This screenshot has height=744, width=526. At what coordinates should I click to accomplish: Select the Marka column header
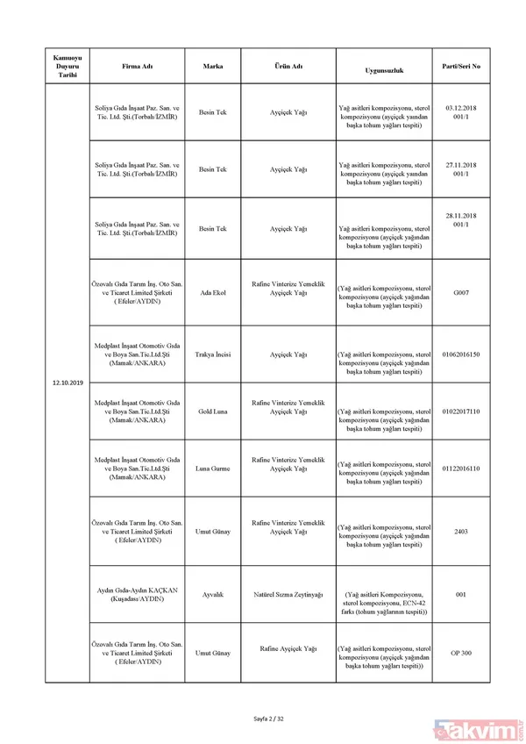coord(213,67)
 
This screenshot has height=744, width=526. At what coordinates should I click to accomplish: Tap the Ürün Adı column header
coord(288,67)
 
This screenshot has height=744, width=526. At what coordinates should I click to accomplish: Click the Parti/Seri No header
coord(462,67)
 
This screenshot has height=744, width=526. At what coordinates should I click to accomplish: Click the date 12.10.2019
coord(68,383)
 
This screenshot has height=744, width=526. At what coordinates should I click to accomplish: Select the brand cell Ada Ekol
coord(213,292)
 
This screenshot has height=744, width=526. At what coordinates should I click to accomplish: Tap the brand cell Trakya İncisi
coord(213,354)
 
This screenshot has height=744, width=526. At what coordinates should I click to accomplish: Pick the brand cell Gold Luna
coord(213,411)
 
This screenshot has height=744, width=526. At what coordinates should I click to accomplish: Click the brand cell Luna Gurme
coord(213,469)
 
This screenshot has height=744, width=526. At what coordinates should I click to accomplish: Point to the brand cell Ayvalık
coord(213,595)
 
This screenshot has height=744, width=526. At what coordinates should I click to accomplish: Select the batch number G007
coord(462,292)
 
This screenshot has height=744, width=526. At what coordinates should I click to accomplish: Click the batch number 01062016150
coord(462,354)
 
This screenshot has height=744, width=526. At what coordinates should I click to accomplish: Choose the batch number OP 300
coord(462,653)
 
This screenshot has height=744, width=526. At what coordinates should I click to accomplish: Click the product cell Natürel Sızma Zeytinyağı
coord(288,595)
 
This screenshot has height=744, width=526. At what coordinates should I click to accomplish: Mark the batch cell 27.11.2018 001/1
coord(462,168)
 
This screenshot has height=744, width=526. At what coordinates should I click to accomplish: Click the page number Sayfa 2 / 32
coord(263,719)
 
